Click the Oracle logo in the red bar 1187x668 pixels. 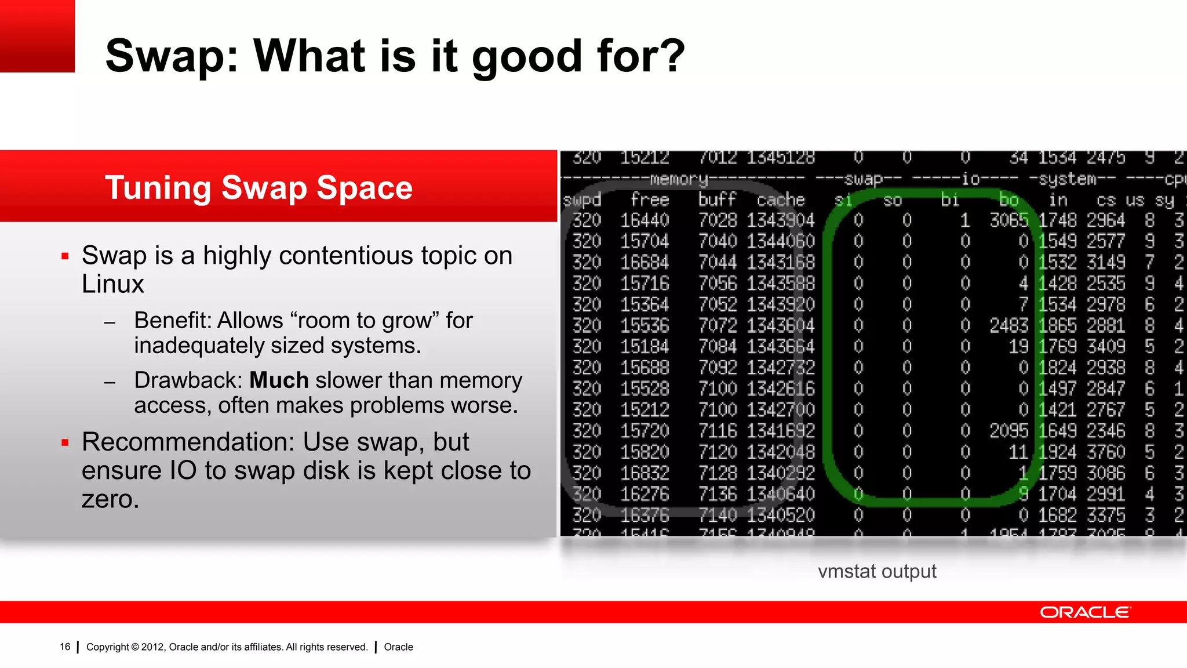(1084, 612)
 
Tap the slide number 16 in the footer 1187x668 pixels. (65, 647)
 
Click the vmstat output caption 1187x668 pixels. (877, 571)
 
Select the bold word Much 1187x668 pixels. (279, 380)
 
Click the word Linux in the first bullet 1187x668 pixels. (113, 284)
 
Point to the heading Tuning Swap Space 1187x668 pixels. (258, 188)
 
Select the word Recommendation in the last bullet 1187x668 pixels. (188, 442)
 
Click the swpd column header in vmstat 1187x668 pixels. (582, 200)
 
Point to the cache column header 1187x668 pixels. (781, 200)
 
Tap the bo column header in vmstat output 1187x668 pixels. (1009, 200)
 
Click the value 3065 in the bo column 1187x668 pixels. (1008, 220)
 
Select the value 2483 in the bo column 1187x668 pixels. (1008, 325)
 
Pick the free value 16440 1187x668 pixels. (645, 220)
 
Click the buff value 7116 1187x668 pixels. (718, 431)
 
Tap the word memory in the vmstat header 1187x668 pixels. (679, 179)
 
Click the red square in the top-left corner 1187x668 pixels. (37, 36)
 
